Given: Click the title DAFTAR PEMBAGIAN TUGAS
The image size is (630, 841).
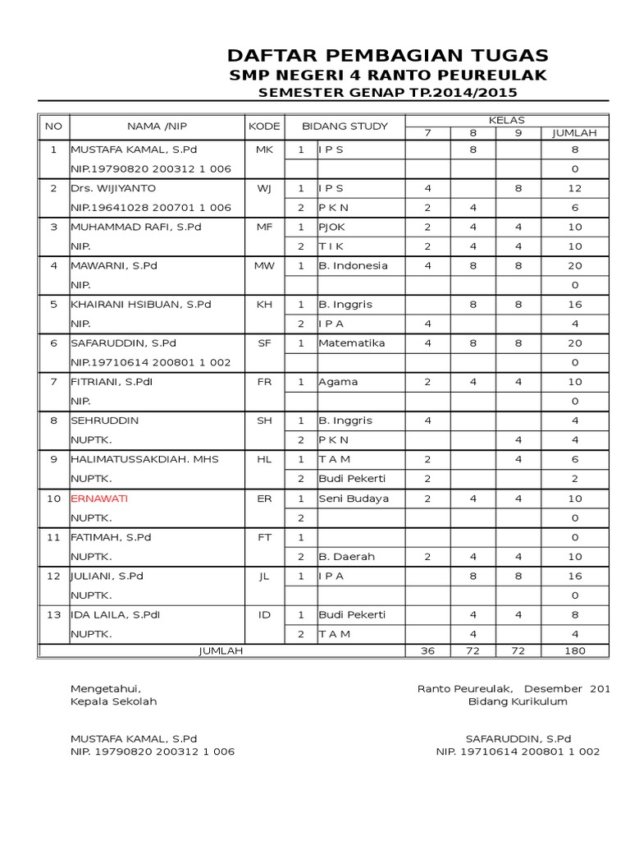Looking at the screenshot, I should pyautogui.click(x=387, y=56).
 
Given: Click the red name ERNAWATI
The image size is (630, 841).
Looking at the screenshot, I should pyautogui.click(x=99, y=499).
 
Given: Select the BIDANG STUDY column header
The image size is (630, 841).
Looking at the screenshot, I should pyautogui.click(x=345, y=126).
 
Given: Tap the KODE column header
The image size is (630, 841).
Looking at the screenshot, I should pyautogui.click(x=263, y=126).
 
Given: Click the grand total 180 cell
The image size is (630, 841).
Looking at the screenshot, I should pyautogui.click(x=574, y=650).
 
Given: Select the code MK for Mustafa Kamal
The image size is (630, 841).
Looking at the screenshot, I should pyautogui.click(x=263, y=150).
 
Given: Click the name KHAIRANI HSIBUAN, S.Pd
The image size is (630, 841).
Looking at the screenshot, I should pyautogui.click(x=141, y=305).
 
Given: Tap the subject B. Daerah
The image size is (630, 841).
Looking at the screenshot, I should pyautogui.click(x=346, y=557).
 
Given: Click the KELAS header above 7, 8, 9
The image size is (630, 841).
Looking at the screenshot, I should pyautogui.click(x=506, y=121).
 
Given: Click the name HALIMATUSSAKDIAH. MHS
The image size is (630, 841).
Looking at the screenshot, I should pyautogui.click(x=145, y=459).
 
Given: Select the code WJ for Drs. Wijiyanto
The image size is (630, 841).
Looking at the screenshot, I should pyautogui.click(x=263, y=189).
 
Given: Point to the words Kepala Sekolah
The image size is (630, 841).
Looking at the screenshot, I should pyautogui.click(x=113, y=702).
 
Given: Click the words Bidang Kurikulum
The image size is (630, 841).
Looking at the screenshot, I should pyautogui.click(x=517, y=702).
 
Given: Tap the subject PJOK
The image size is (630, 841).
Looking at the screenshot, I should pyautogui.click(x=332, y=227).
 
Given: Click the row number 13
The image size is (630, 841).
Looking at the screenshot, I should pyautogui.click(x=54, y=615).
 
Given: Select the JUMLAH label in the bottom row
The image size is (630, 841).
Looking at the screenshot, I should pyautogui.click(x=221, y=650).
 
